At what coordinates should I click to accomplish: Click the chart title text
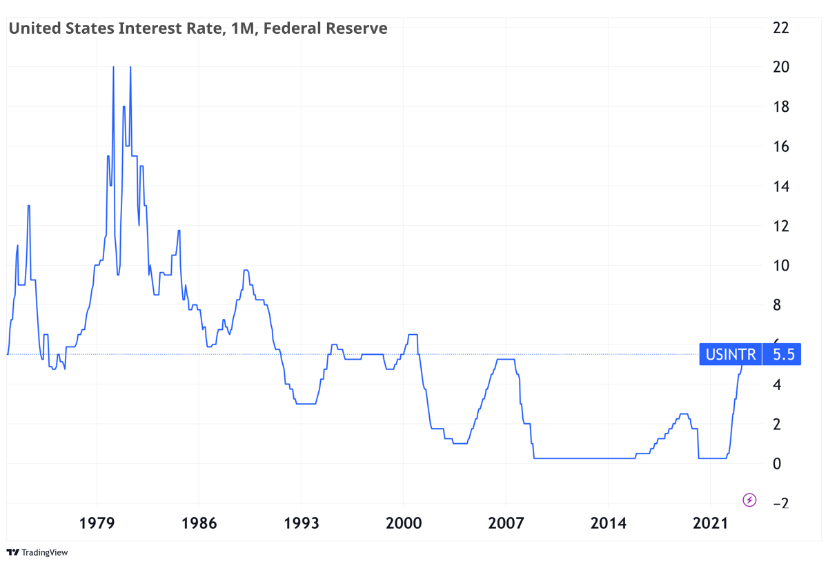(x=197, y=28)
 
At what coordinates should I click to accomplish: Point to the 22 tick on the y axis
(x=781, y=28)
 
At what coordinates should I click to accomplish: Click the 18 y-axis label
(x=781, y=107)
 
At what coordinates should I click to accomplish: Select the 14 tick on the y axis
(x=781, y=186)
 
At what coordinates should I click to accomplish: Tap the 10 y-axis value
(x=781, y=266)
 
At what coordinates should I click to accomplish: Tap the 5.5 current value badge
(x=783, y=355)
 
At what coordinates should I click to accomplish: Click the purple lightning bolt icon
(x=749, y=499)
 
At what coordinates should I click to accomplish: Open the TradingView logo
(x=37, y=552)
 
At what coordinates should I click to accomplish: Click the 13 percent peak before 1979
(x=29, y=206)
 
